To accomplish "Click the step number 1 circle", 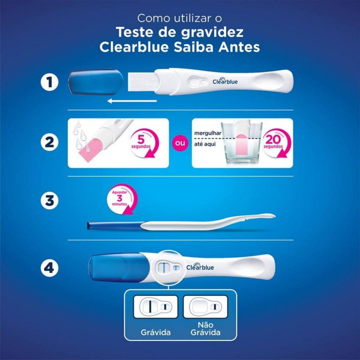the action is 50,82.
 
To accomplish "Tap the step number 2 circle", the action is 50,142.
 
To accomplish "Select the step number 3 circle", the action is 50,200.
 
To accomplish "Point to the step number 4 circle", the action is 50,268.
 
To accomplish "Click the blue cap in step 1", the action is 96,82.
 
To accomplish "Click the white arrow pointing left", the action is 132,101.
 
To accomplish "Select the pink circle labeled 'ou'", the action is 180,143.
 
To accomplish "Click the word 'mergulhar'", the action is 207,133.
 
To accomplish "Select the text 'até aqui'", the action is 205,144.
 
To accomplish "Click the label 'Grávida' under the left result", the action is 156,333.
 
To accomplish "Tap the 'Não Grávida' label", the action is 205,329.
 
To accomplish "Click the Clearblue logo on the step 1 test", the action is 225,81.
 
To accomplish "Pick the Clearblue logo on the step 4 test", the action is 200,266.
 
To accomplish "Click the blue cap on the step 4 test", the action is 118,268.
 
